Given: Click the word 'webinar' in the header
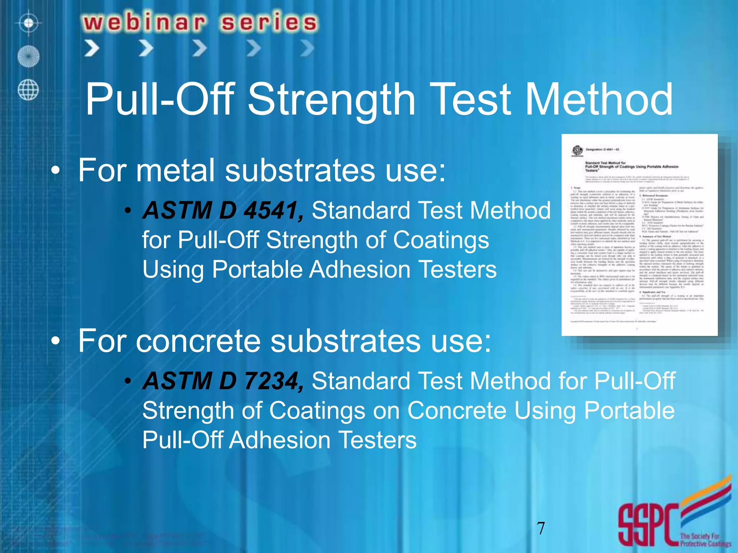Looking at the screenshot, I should (144, 22).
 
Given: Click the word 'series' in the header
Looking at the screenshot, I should (269, 22).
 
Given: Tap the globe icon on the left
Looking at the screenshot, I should (28, 90).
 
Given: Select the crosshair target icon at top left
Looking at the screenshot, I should (29, 23).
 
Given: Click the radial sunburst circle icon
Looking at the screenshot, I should (28, 57).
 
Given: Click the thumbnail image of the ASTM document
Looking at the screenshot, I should (639, 235).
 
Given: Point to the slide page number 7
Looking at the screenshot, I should (541, 528).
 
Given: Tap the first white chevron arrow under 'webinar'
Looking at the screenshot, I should (92, 48).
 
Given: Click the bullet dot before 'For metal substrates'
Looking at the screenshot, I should (55, 171).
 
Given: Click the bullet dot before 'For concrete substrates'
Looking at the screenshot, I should (55, 341).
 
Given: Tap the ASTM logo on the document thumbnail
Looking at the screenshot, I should (578, 150).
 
